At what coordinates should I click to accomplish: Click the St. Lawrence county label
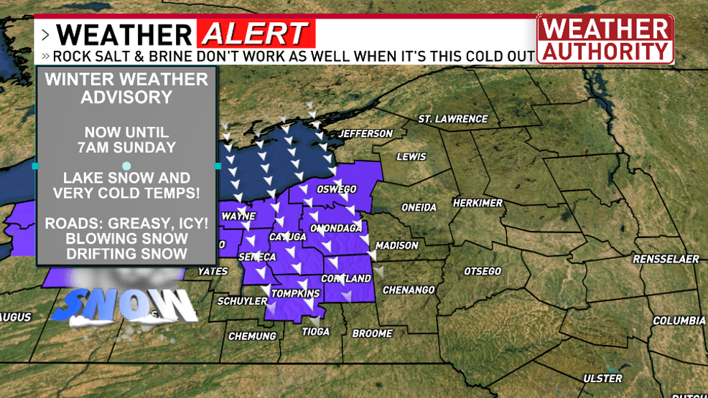coord(452,118)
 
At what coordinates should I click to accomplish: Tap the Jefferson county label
coord(365,133)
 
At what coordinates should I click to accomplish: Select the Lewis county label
coord(411,156)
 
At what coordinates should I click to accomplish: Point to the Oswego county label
coord(337,189)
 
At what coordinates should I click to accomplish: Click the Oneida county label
coord(419,207)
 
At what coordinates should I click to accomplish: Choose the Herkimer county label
coord(478,203)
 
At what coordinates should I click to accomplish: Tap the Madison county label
coord(396,245)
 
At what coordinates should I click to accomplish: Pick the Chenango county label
coord(409,290)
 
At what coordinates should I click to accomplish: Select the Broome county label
coord(372,333)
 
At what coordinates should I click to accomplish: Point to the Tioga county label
coord(315,331)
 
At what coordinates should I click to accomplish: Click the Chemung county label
coord(252,336)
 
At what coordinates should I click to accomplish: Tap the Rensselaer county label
coord(666,259)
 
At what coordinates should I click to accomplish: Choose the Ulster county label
coord(602,378)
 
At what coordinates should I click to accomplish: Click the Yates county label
coord(213,271)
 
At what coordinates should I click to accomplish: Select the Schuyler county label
coord(242,301)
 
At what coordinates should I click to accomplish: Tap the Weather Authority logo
coord(605,39)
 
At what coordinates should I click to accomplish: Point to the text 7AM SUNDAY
coord(126,148)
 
